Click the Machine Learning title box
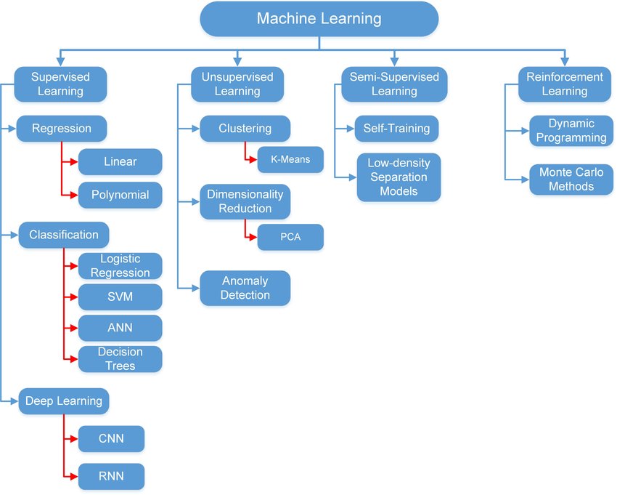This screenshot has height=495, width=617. pos(319,19)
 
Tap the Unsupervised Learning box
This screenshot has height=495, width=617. pos(237,84)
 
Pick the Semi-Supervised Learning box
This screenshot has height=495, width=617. pos(394,84)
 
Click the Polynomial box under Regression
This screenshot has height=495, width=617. pos(120,195)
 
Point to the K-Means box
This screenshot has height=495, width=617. pos(290,160)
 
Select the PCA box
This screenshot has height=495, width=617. pos(290,238)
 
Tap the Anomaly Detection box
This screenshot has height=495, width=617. pos(245,288)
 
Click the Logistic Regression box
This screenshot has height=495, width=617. pos(120,266)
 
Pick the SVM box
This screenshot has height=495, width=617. pos(120,297)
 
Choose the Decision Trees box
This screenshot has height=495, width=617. pos(120,359)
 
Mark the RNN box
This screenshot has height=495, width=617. pos(111,476)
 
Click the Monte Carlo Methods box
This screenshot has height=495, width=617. pos(566,179)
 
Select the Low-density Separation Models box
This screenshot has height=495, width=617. pos(399,177)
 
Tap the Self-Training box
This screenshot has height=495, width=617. pos(397,129)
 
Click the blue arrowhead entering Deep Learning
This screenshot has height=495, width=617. pos(14,401)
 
